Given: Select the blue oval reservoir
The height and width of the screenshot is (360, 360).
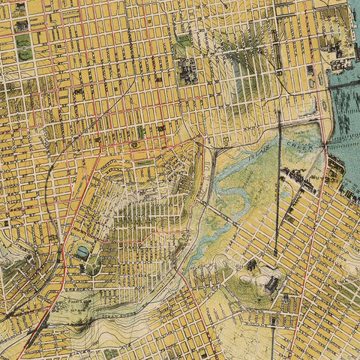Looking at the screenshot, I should [80, 251].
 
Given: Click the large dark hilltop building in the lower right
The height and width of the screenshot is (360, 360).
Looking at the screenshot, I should [271, 285].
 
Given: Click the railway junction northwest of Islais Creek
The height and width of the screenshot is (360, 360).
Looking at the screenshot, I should [214, 150].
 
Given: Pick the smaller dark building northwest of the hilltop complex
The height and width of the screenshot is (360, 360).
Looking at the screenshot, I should [250, 264].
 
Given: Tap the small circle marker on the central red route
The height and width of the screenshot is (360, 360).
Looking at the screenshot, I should [134, 144].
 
